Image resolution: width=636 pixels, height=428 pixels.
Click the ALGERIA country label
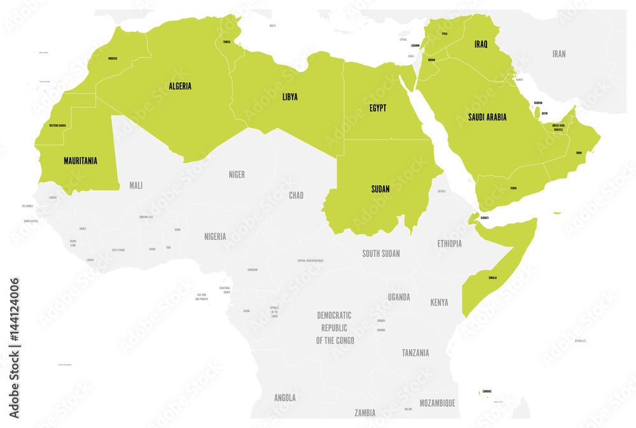coord(180,86)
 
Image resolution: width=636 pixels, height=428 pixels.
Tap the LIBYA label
coord(290,97)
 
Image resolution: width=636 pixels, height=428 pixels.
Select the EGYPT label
coord(378,108)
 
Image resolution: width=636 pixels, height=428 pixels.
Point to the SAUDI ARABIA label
coord(487,117)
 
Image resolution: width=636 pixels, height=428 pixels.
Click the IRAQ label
coord(481,45)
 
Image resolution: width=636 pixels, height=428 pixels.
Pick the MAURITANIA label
coord(80,161)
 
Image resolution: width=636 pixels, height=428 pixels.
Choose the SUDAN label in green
coord(380,189)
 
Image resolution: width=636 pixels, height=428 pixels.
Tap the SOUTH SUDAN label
coord(381,253)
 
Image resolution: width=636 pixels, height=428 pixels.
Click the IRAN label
coord(559,54)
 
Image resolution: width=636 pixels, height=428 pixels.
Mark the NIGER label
coord(237,175)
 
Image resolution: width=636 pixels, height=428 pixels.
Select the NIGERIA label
coord(215,236)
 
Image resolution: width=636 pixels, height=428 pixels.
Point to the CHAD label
coord(296,196)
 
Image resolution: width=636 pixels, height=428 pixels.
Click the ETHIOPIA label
coord(450,244)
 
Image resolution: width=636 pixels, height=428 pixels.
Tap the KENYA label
coord(439,302)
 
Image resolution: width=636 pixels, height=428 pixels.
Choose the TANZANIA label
coord(415,353)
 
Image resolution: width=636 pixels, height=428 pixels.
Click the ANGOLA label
coord(285,398)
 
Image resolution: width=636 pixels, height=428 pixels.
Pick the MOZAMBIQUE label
coord(437,403)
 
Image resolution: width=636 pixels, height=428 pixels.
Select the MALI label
coord(136,185)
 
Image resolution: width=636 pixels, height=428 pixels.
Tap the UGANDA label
coord(399,297)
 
